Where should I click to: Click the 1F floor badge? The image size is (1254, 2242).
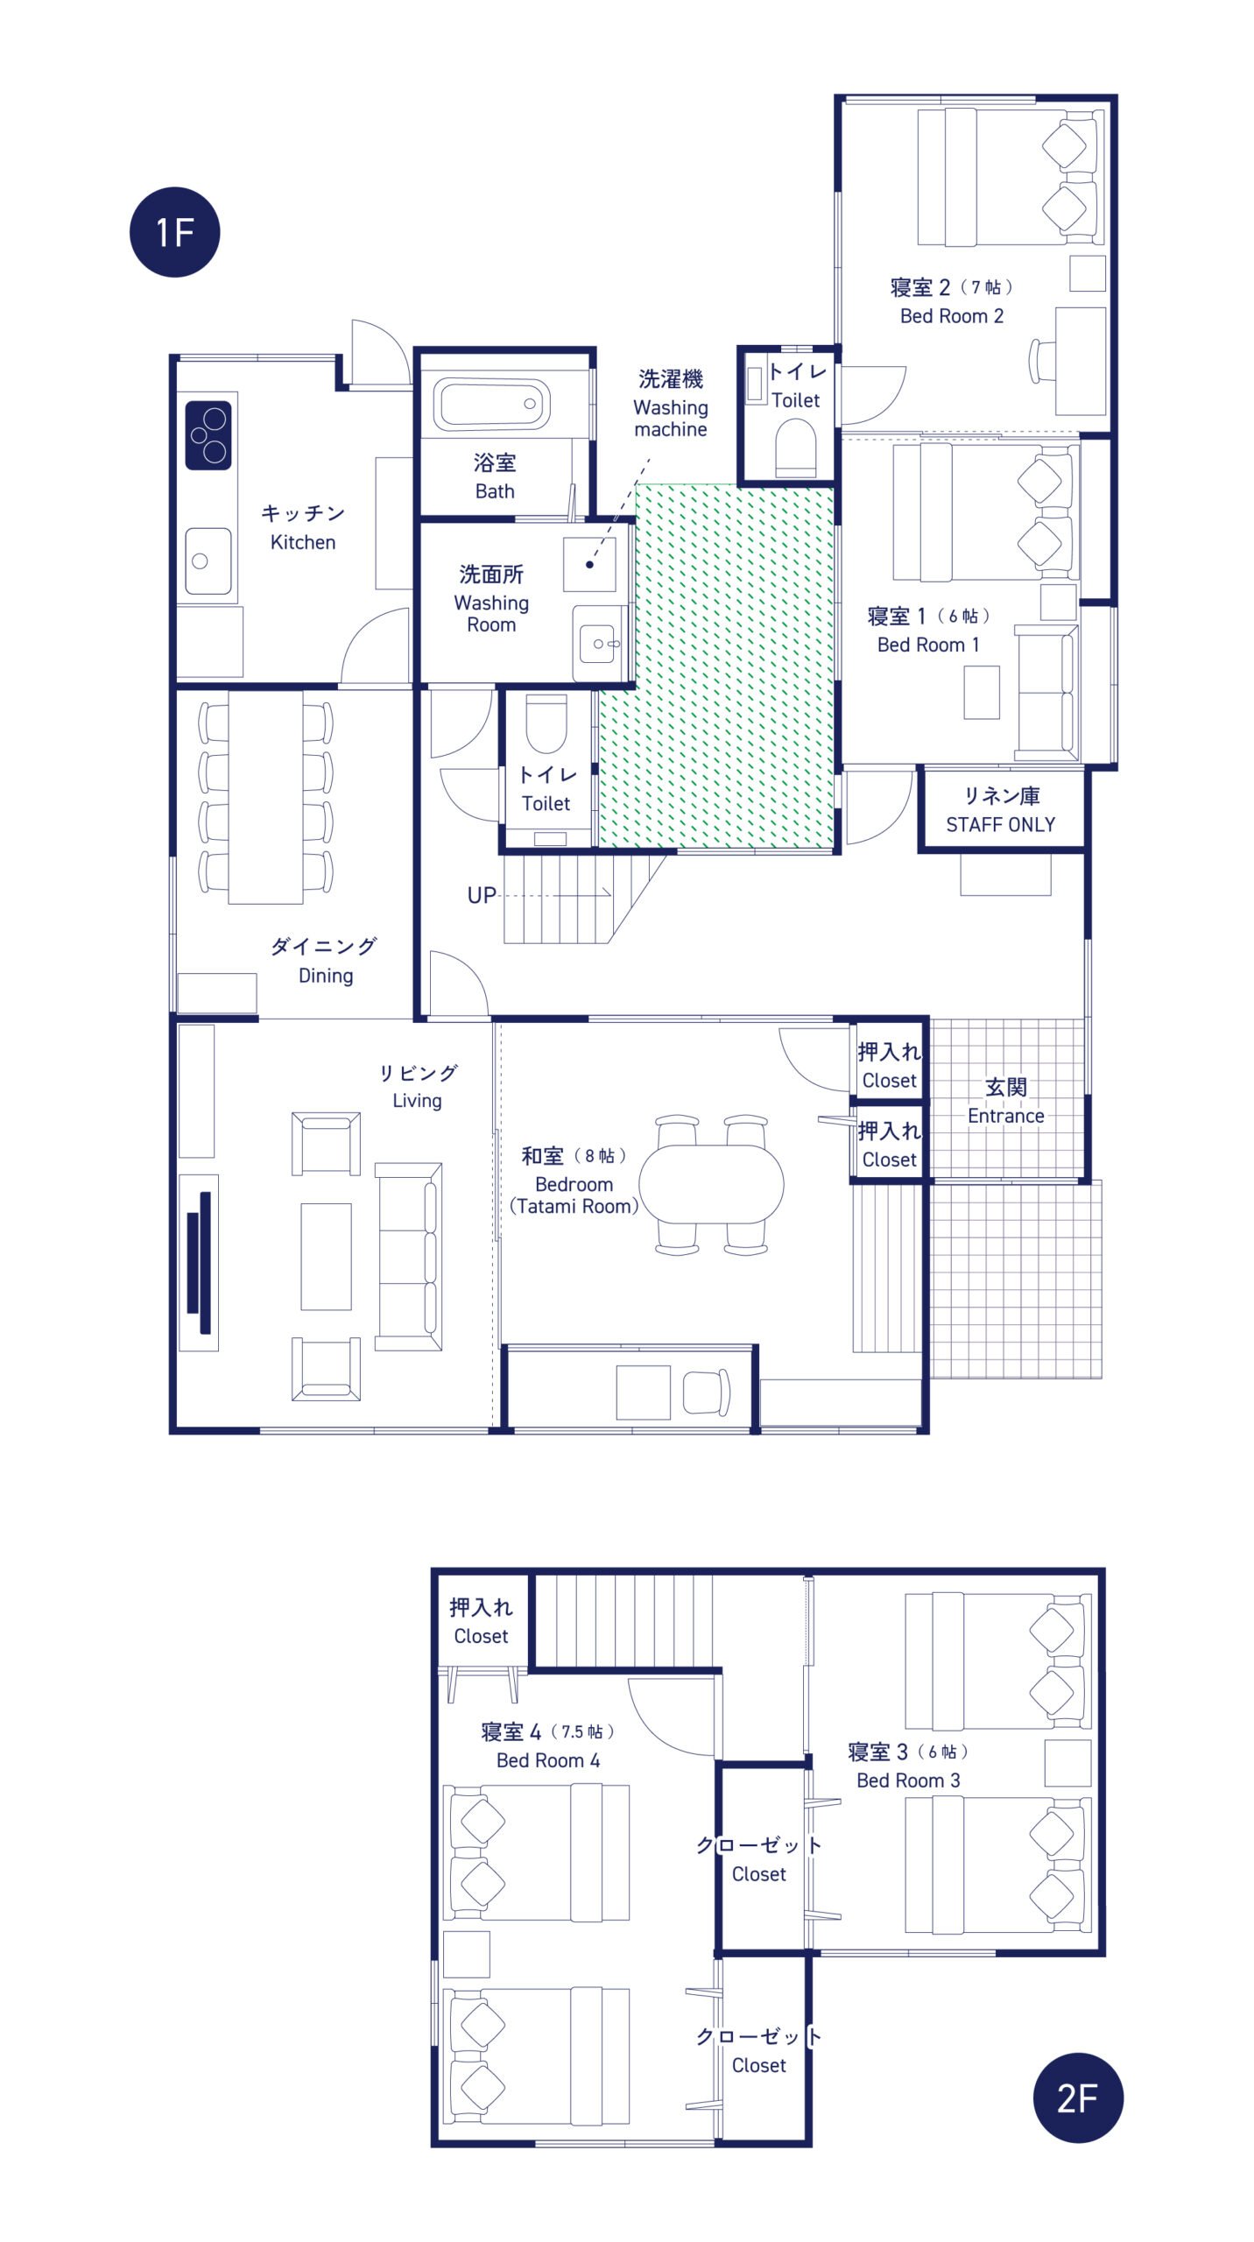click(x=174, y=232)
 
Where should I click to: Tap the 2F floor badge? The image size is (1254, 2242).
click(x=1078, y=2097)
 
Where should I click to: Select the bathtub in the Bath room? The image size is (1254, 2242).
click(x=491, y=404)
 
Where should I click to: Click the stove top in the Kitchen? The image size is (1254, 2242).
click(x=208, y=435)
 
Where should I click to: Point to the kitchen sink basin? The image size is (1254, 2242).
click(x=208, y=560)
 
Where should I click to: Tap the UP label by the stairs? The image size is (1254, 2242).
click(x=482, y=895)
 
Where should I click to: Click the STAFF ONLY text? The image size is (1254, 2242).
click(x=1000, y=824)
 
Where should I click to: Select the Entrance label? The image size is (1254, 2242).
click(x=1005, y=1116)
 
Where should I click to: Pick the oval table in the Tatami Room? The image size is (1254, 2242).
click(x=711, y=1184)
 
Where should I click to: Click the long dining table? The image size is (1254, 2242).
click(x=265, y=797)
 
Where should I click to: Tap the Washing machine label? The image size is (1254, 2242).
click(x=671, y=418)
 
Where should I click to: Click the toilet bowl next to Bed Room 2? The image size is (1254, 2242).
click(x=796, y=447)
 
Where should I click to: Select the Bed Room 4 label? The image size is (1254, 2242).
click(x=548, y=1760)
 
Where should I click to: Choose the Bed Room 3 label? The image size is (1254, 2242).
click(x=908, y=1780)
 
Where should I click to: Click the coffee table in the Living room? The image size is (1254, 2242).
click(x=326, y=1257)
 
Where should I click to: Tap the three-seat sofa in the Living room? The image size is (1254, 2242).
click(x=408, y=1257)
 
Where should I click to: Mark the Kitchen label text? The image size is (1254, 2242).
click(x=303, y=542)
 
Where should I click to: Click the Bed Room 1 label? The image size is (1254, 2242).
click(x=928, y=645)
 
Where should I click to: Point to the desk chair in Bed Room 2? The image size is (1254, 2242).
click(x=1041, y=361)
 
